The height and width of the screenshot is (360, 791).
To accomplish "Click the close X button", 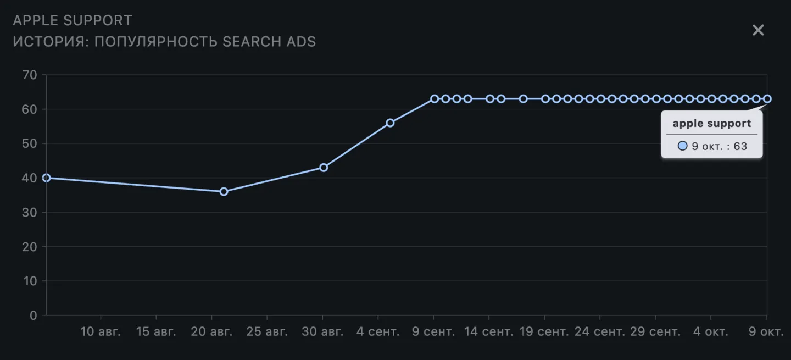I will click(758, 30).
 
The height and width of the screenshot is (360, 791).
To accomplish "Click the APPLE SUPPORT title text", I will click(73, 21).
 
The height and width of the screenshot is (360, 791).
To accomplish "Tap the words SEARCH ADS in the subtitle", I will click(269, 42).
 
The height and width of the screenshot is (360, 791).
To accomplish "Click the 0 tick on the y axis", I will click(34, 315).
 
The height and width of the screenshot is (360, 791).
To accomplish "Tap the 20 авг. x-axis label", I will click(212, 332).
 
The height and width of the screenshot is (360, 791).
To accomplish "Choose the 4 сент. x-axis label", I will click(377, 332).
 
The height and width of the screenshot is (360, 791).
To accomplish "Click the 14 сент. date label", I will click(488, 332).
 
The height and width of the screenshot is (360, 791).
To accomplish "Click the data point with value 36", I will click(224, 192).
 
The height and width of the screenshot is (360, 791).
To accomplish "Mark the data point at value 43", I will click(324, 168).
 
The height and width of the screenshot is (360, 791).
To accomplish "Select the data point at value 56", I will click(390, 123).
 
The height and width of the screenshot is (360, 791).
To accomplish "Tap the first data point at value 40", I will click(47, 178).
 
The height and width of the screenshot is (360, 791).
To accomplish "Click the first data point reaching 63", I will click(435, 99).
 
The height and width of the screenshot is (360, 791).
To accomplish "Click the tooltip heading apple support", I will click(711, 124).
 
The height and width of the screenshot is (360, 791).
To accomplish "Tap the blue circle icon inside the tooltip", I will click(682, 147).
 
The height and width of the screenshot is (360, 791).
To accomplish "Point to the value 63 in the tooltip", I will click(740, 147).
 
